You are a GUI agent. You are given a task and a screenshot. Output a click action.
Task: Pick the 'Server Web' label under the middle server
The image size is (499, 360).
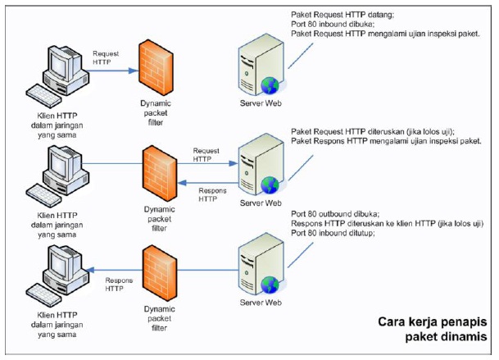coord(260,203)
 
